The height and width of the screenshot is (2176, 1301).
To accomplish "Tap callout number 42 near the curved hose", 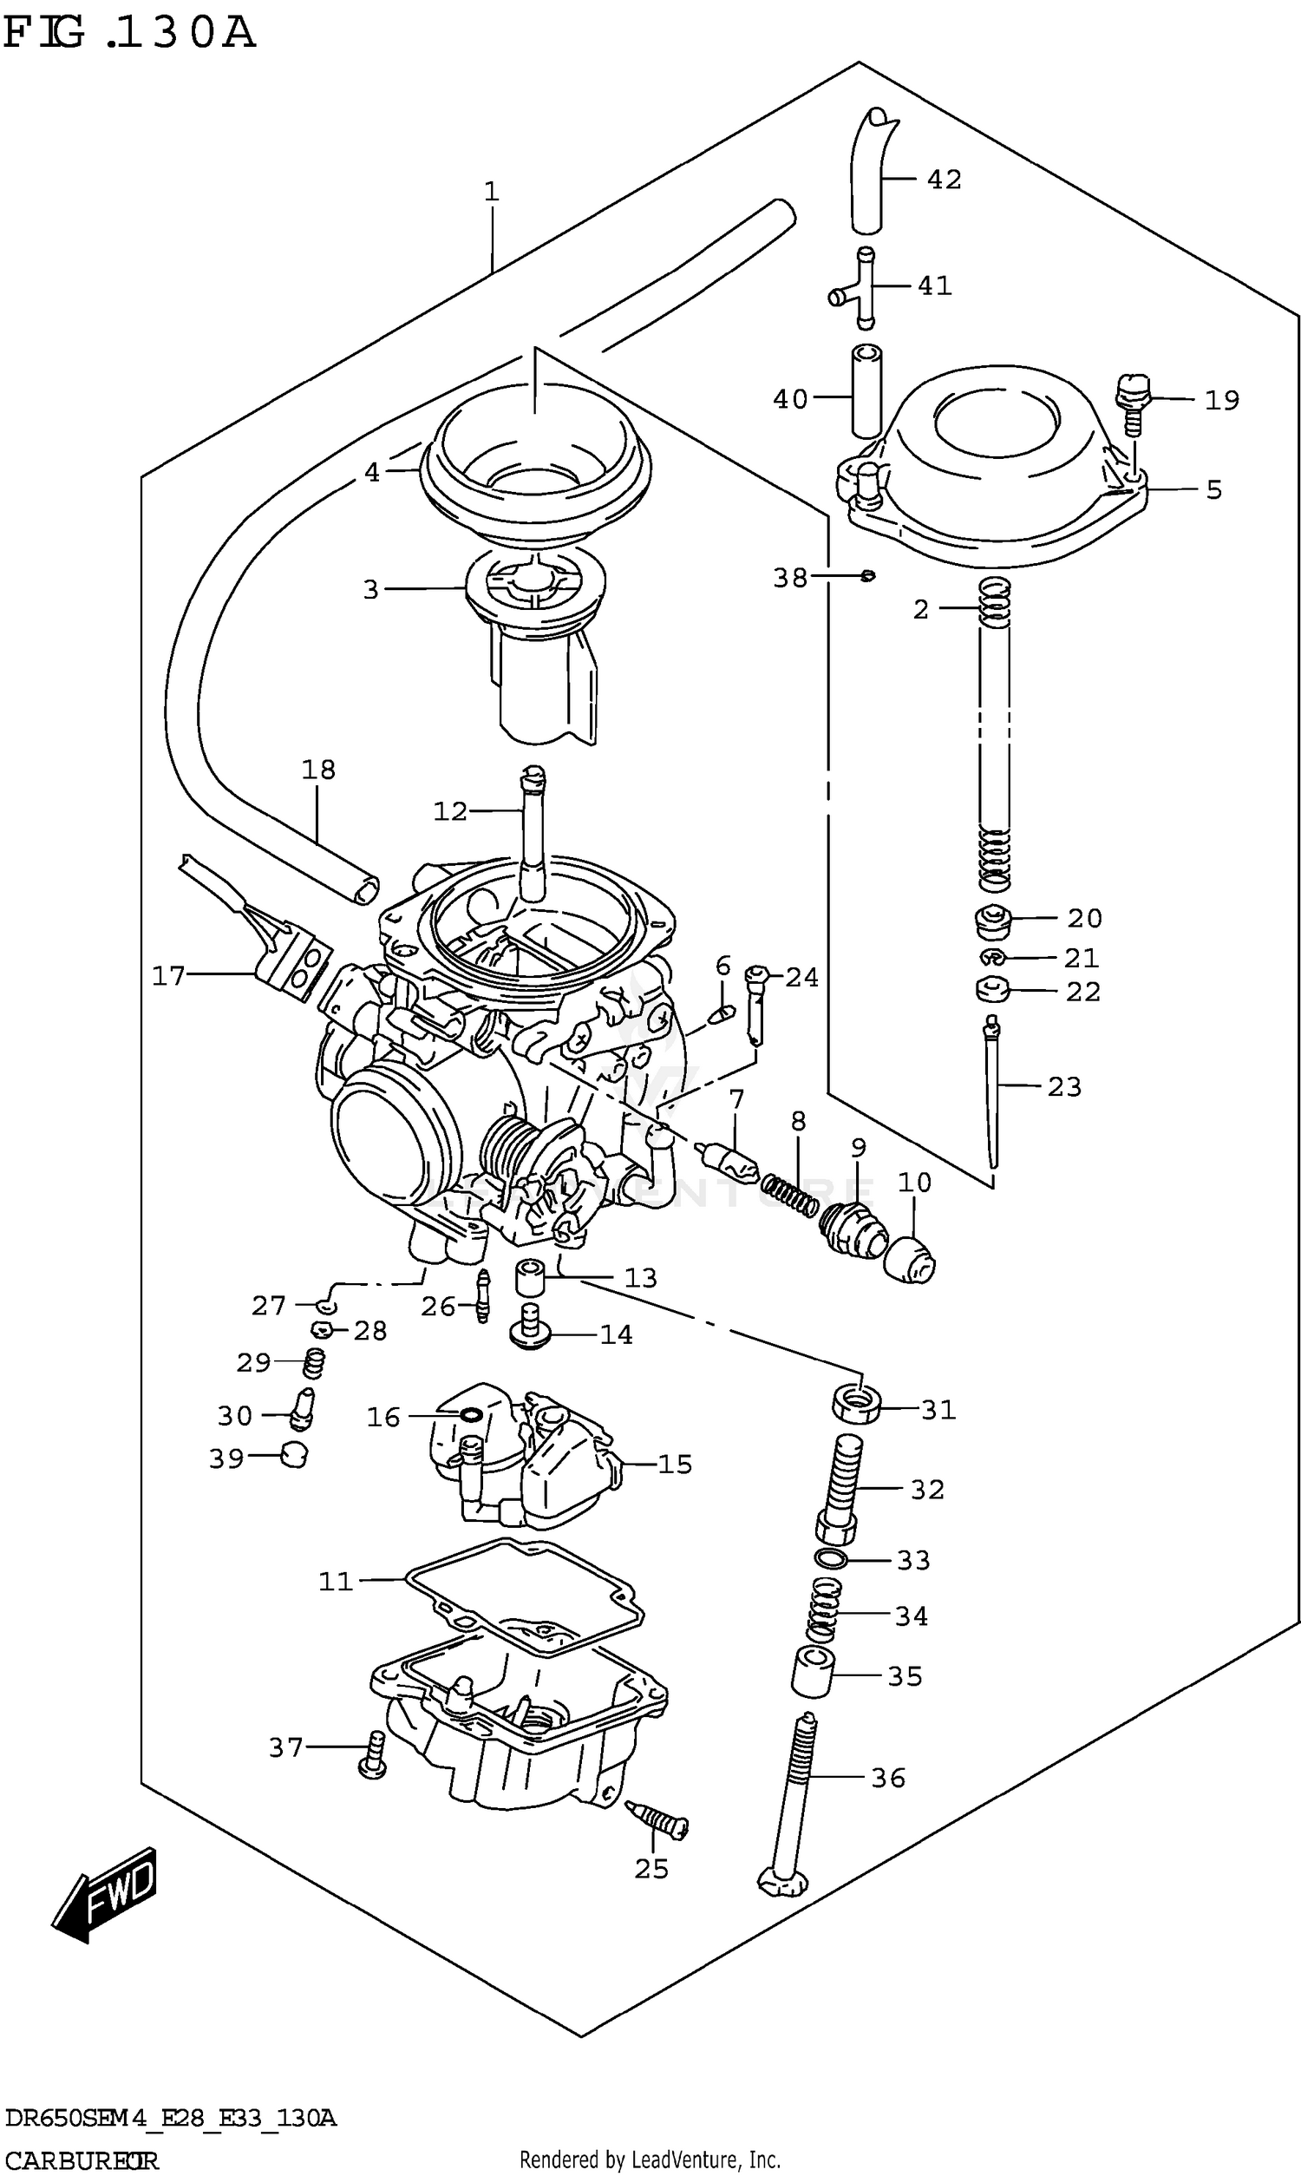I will click(x=944, y=180).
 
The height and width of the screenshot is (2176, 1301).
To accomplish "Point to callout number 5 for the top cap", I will click(x=1213, y=489).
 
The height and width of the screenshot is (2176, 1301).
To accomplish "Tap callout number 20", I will click(x=1083, y=918).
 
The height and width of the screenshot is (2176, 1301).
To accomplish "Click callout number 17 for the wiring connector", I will click(x=168, y=975).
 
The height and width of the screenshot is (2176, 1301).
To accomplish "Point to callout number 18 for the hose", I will click(x=318, y=770).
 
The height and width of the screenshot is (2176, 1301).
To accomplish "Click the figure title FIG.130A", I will click(x=129, y=33).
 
